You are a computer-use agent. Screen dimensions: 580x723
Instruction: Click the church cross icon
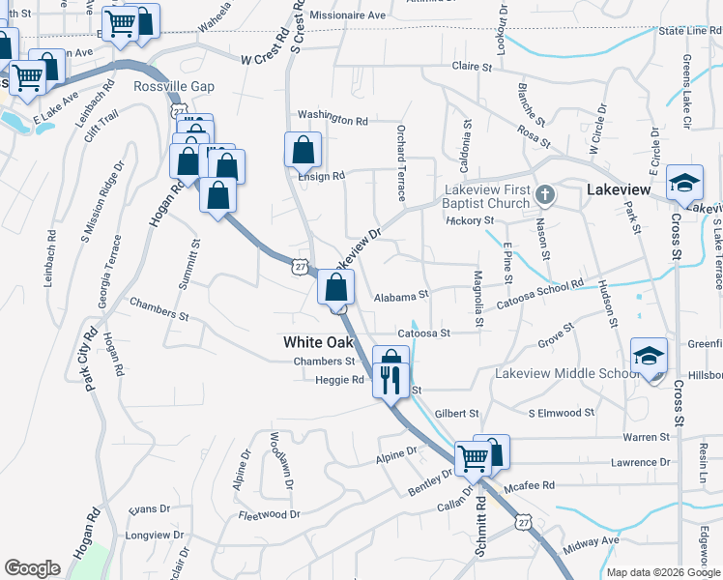pyautogui.click(x=545, y=196)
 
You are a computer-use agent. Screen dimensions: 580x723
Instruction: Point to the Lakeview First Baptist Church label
pyautogui.click(x=487, y=196)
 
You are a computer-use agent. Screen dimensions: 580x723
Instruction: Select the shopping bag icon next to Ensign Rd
pyautogui.click(x=303, y=151)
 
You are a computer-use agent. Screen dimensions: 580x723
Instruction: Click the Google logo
pyautogui.click(x=32, y=568)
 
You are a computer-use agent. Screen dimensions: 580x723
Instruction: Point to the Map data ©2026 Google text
pyautogui.click(x=662, y=572)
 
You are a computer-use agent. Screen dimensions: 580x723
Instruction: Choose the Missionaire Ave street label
pyautogui.click(x=347, y=16)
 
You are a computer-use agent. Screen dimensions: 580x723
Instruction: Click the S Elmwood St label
pyautogui.click(x=561, y=413)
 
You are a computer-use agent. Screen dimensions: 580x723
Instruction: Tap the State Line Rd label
pyautogui.click(x=690, y=31)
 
